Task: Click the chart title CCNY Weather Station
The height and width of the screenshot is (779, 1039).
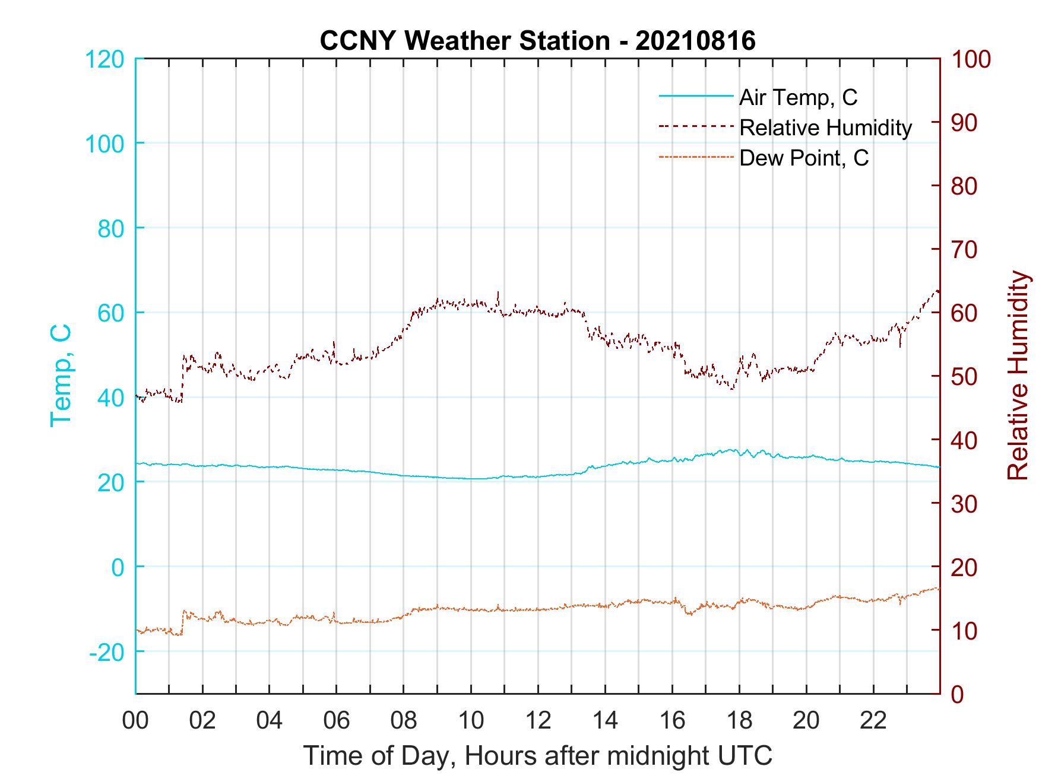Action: [x=537, y=41]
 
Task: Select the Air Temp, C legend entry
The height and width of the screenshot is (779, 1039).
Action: [x=798, y=97]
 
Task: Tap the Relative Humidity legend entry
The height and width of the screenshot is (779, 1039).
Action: [x=825, y=128]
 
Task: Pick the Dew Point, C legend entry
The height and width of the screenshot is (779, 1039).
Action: [x=804, y=158]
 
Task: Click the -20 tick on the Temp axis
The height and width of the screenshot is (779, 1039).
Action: [x=107, y=652]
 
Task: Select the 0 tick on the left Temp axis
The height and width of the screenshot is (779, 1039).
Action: [x=119, y=567]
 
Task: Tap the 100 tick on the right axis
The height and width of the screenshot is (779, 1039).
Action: [x=971, y=59]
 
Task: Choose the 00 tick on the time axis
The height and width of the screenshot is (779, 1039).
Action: [x=135, y=721]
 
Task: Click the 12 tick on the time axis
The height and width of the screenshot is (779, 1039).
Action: [x=538, y=721]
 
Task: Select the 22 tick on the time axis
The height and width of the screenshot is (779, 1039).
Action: [x=873, y=721]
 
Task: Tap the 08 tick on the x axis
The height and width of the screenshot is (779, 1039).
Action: [x=404, y=721]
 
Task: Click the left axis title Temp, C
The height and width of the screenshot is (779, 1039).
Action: [x=61, y=376]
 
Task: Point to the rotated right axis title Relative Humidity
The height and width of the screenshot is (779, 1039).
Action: [x=1018, y=376]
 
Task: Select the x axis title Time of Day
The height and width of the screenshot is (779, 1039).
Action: [x=538, y=756]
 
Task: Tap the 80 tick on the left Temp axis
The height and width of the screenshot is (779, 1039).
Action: [x=110, y=228]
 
